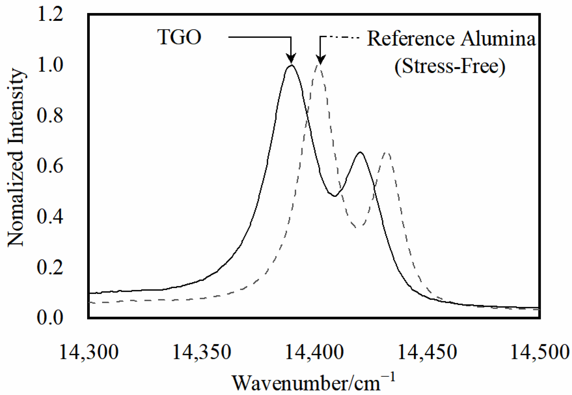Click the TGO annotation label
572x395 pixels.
point(180,37)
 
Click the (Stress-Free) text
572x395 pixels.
point(450,66)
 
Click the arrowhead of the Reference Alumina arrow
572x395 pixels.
point(321,60)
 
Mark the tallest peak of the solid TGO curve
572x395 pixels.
point(291,65)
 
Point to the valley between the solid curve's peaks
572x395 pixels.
point(335,196)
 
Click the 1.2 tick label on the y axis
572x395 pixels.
point(50,15)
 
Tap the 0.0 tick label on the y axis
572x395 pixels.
point(50,317)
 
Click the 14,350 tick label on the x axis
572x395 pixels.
point(202,352)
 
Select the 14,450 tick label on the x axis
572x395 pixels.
point(427,352)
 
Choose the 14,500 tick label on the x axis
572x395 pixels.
point(540,352)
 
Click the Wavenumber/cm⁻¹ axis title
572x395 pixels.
point(314,383)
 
